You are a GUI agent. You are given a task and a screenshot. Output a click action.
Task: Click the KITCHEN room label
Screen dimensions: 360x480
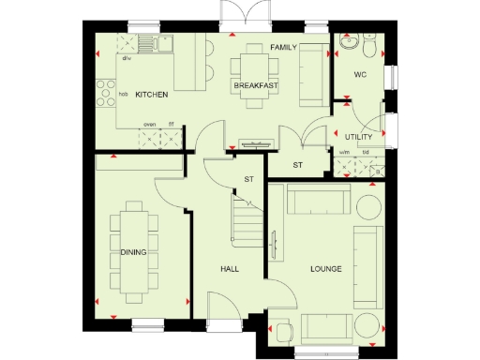[151, 96]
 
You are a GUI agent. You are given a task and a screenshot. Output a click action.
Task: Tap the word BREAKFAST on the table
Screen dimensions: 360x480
[255, 86]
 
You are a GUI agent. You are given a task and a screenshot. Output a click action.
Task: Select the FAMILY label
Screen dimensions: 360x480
[283, 47]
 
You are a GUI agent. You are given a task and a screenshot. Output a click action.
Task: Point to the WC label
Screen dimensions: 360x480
[359, 75]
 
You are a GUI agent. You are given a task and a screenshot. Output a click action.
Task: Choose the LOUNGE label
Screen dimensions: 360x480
[325, 270]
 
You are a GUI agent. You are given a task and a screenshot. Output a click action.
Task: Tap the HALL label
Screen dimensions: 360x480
[231, 270]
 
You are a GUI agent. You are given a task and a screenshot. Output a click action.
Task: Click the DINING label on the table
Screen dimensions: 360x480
[131, 252]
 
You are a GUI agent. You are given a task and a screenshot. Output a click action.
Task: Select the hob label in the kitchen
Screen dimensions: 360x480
[123, 95]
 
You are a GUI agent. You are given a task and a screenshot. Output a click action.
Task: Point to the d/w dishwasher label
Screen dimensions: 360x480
[126, 57]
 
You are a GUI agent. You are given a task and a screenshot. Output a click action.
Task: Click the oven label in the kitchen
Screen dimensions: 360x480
[148, 124]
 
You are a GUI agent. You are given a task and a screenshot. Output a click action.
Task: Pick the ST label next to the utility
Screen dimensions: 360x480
[298, 166]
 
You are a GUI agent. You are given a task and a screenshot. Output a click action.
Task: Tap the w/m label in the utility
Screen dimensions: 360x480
[344, 153]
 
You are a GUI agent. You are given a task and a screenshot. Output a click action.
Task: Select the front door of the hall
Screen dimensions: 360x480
[223, 306]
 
